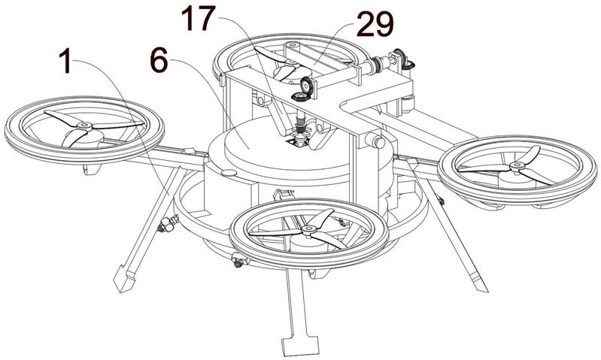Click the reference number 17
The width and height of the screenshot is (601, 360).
198,18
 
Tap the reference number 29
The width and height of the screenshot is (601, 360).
375,24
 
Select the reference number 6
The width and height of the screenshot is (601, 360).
159,61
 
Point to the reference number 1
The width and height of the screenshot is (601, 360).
66,62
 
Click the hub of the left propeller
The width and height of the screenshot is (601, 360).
84,126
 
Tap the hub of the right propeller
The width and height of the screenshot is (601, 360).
517,166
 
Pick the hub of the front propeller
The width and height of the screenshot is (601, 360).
308,230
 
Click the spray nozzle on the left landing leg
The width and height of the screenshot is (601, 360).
168,224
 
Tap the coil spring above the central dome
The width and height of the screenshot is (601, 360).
301,125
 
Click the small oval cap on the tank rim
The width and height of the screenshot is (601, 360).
229,173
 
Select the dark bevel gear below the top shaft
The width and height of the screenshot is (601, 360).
302,97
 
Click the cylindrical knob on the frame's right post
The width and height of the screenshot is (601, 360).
375,141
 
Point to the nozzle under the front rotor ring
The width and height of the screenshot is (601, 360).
239,262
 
